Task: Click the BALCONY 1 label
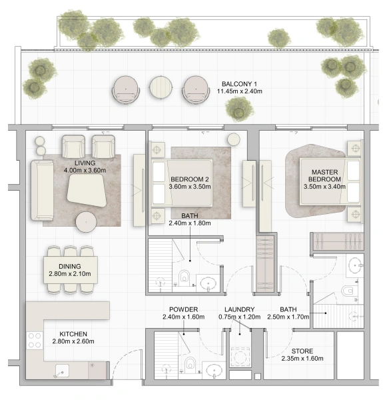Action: tap(239, 84)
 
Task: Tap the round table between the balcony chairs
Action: tap(161, 87)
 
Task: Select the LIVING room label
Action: tap(85, 163)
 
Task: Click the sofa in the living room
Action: tap(42, 190)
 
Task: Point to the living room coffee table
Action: tap(87, 190)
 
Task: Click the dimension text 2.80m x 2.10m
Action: tap(70, 274)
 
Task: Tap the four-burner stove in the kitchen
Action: tap(35, 340)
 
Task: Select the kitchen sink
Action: tap(62, 371)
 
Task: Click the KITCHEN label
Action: tap(73, 334)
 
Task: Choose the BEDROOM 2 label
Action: tap(190, 179)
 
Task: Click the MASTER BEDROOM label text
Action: tap(324, 175)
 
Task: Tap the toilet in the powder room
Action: tap(190, 364)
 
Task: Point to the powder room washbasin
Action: tap(214, 371)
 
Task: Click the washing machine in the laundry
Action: tap(240, 357)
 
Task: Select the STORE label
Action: tap(302, 351)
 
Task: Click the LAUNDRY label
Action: tap(240, 309)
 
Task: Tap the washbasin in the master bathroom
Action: tap(356, 265)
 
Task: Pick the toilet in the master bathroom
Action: tap(348, 291)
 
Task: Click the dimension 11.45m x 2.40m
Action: tap(240, 91)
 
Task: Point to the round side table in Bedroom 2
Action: tap(234, 140)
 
